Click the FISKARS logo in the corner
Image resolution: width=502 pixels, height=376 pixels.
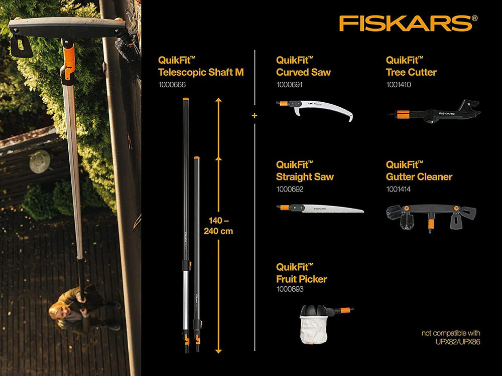coord(405,23)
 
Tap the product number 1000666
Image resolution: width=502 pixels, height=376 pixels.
coord(172,85)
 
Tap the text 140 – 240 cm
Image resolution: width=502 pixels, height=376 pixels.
coord(219,227)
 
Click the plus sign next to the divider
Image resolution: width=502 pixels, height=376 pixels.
coord(255,116)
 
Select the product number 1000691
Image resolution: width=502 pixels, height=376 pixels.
coord(290,85)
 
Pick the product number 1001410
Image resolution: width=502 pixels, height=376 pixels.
coord(400,85)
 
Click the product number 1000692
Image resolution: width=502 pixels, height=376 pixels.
coord(290,190)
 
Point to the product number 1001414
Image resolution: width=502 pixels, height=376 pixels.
coord(400,190)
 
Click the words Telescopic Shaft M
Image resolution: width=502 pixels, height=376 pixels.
coord(201,72)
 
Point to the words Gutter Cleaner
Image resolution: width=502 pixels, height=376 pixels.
coord(419,176)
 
